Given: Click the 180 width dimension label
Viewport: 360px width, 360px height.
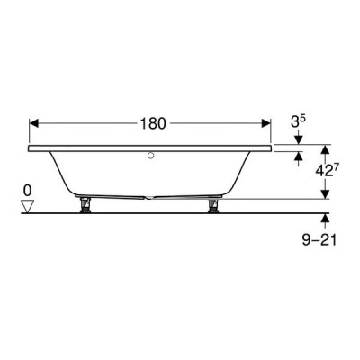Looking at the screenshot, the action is coord(153,123).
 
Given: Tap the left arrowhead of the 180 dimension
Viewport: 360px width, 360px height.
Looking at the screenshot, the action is coord(34,123).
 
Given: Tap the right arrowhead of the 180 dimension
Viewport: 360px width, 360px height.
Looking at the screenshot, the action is coord(265,123).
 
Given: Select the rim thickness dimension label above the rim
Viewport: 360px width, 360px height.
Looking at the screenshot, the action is coord(298,122).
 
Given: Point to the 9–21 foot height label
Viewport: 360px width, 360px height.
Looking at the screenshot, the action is coord(319,240).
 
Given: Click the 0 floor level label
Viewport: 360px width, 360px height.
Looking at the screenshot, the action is coord(27,191).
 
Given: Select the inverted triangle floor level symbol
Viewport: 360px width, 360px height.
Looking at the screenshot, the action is coord(27,207).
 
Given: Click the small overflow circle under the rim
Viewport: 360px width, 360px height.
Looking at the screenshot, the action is coord(151,156).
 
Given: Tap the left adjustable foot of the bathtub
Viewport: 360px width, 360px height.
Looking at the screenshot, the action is coord(85,205).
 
